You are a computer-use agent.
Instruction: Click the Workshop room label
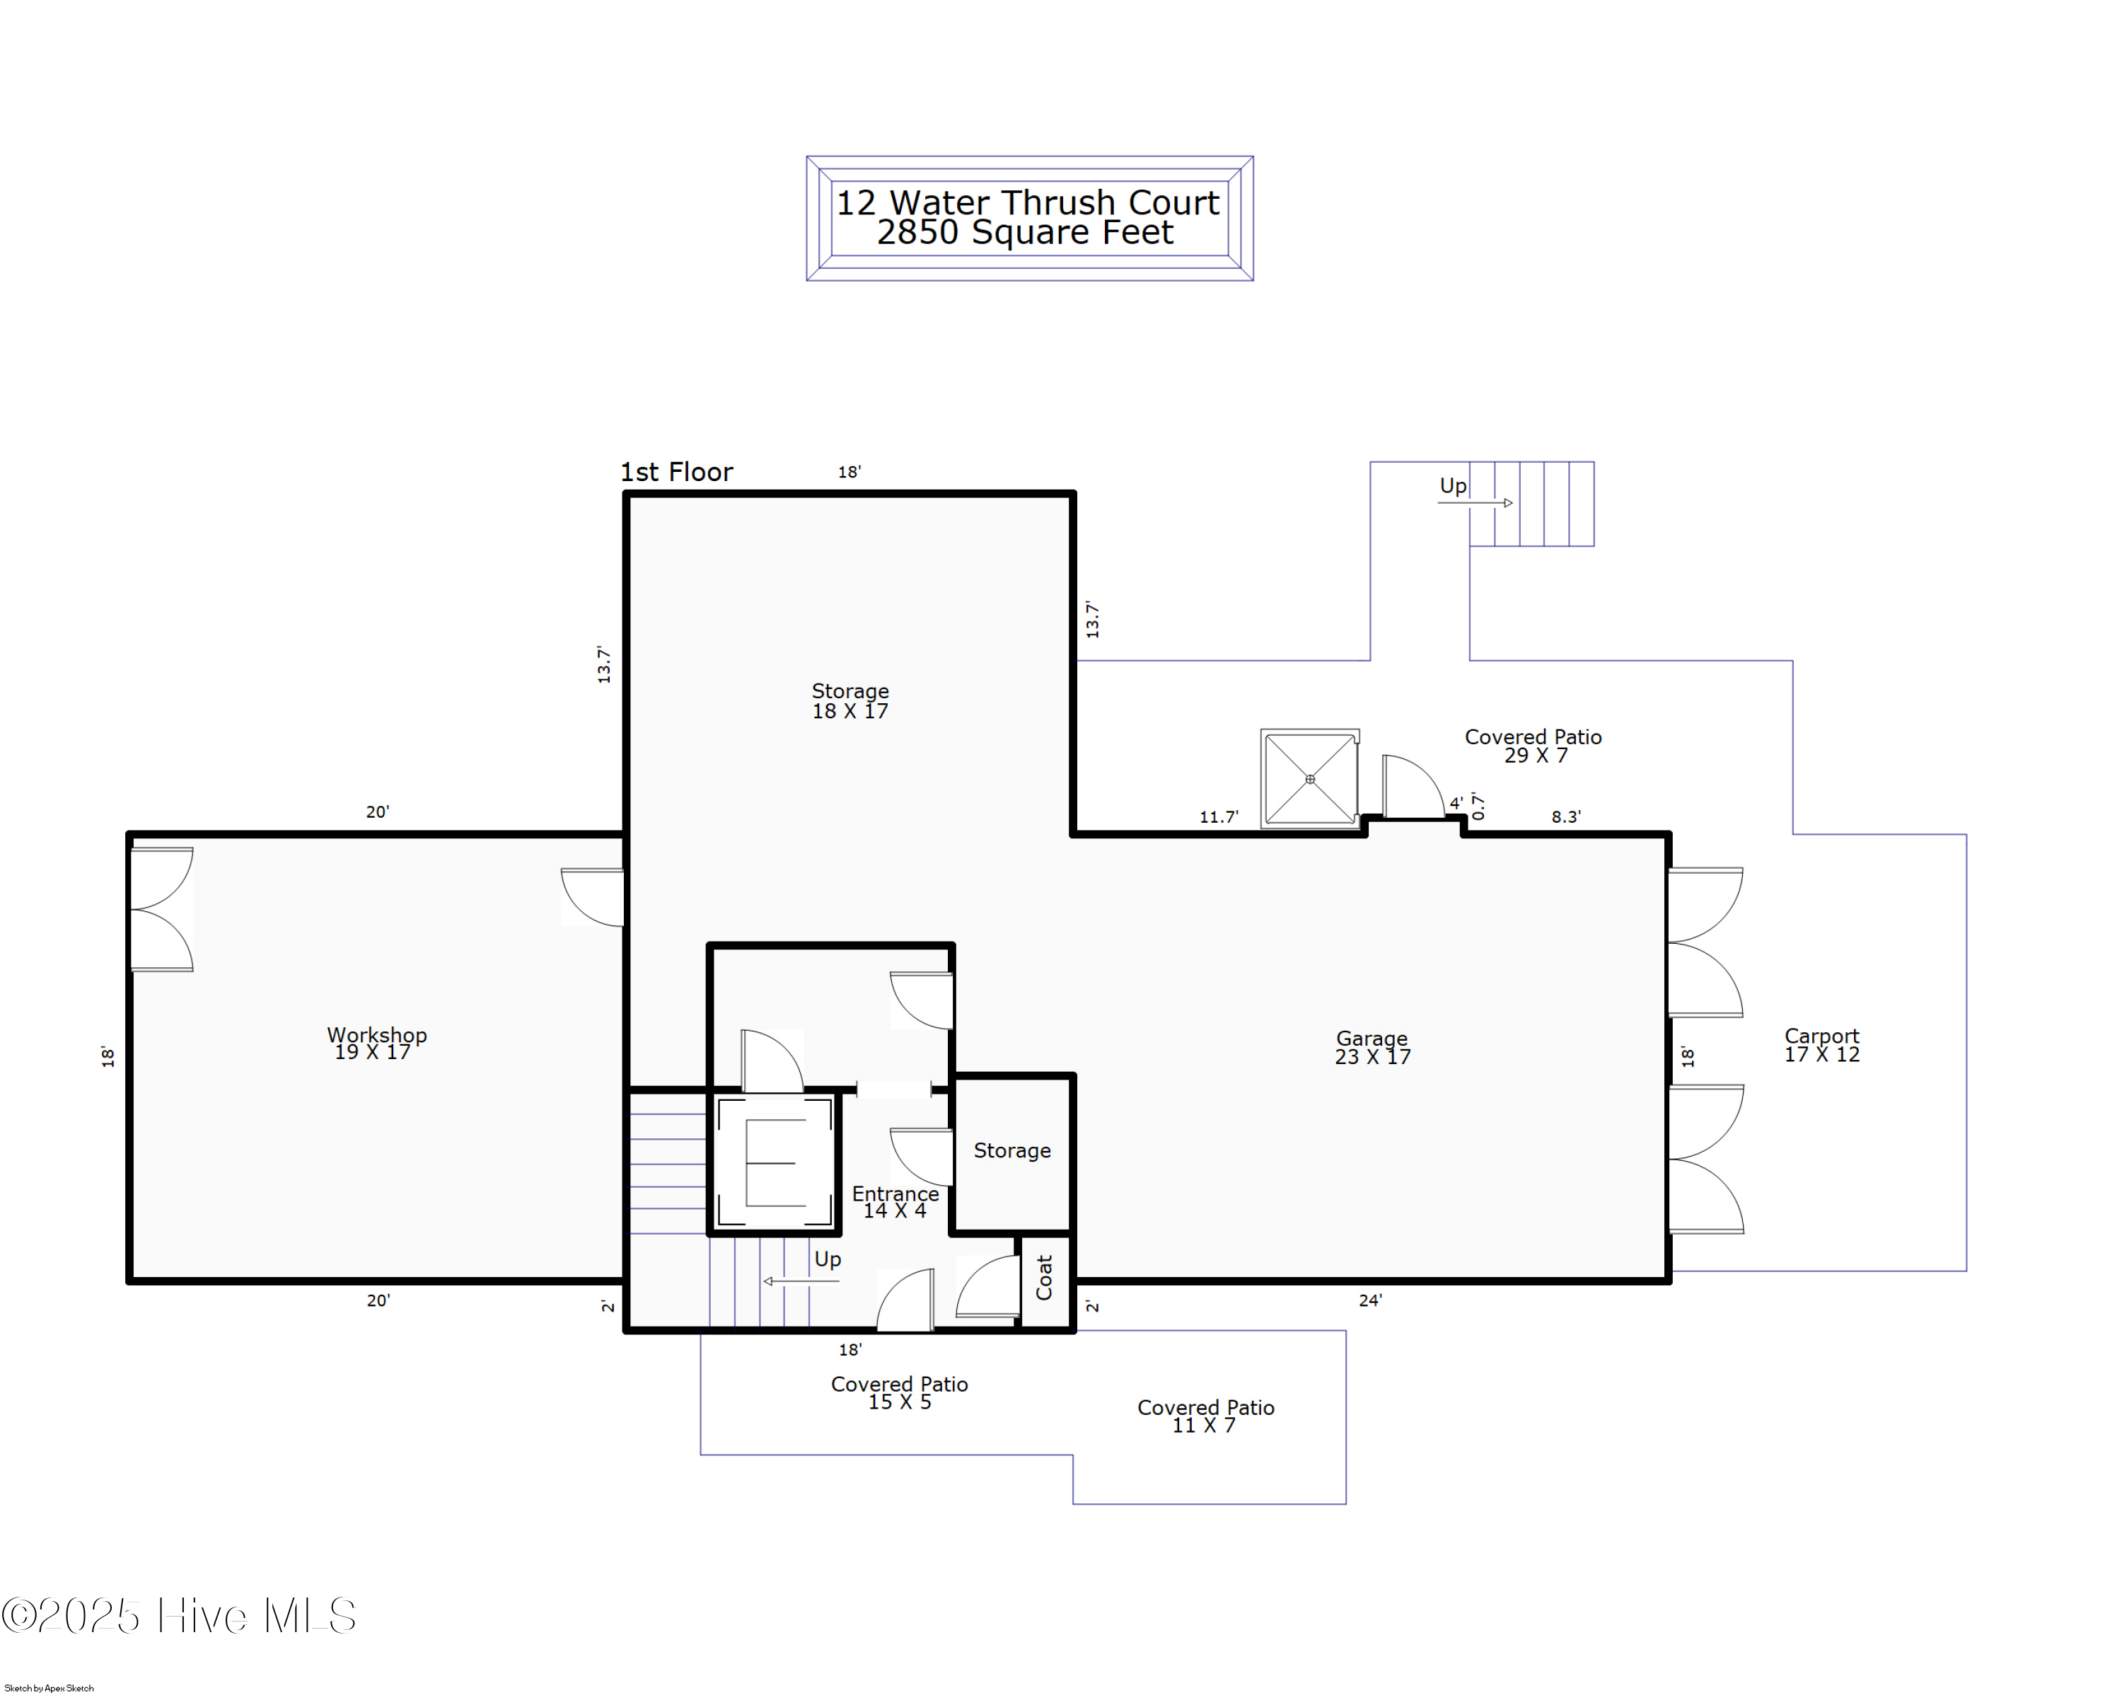pyautogui.click(x=377, y=1044)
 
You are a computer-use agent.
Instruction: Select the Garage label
pyautogui.click(x=1372, y=1047)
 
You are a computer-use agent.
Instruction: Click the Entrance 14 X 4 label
pyautogui.click(x=895, y=1202)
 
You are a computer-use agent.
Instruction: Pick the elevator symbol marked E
pyautogui.click(x=775, y=1162)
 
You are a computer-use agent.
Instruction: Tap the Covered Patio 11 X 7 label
pyautogui.click(x=1206, y=1416)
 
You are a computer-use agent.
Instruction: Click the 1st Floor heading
pyautogui.click(x=676, y=473)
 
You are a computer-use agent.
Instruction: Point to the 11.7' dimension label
pyautogui.click(x=1219, y=817)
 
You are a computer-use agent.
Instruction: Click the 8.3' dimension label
pyautogui.click(x=1566, y=817)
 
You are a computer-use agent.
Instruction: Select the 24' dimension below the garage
pyautogui.click(x=1370, y=1301)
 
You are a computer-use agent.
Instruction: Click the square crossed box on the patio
pyautogui.click(x=1310, y=780)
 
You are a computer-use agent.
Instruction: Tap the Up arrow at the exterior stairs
pyautogui.click(x=1475, y=503)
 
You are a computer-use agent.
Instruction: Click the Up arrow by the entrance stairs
pyautogui.click(x=801, y=1281)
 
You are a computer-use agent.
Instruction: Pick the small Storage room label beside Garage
pyautogui.click(x=1011, y=1150)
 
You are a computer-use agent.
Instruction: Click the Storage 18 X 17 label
pyautogui.click(x=850, y=701)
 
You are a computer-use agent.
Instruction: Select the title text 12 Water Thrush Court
pyautogui.click(x=1028, y=203)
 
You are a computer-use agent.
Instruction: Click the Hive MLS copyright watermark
pyautogui.click(x=178, y=1615)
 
